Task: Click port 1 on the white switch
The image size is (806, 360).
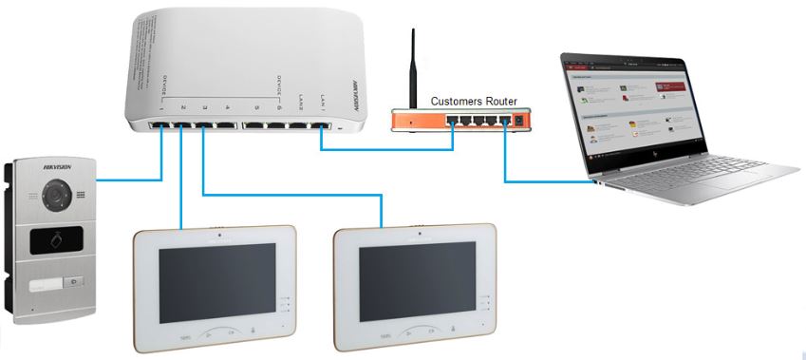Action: [x=157, y=125]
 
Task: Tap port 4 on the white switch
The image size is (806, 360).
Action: [x=225, y=125]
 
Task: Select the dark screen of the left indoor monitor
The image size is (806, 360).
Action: [x=215, y=281]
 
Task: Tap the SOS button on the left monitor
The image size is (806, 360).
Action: [x=185, y=336]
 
